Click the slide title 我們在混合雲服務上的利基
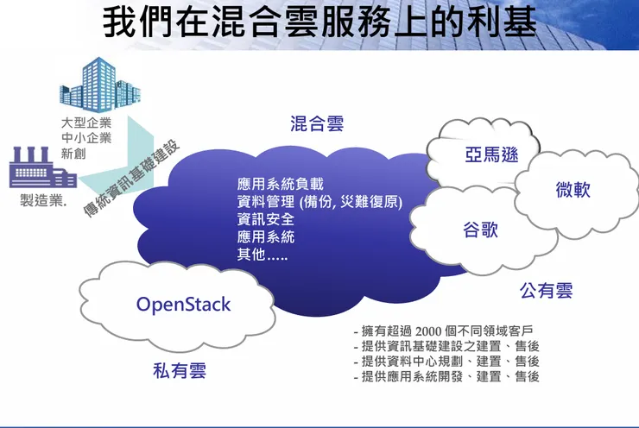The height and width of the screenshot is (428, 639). (x=319, y=22)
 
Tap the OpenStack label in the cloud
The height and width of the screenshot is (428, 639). (x=184, y=305)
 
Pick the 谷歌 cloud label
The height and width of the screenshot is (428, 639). (x=480, y=230)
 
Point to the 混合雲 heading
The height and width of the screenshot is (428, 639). (x=317, y=123)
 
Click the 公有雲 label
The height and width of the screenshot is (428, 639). (x=546, y=291)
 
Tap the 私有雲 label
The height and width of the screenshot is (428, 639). (x=180, y=371)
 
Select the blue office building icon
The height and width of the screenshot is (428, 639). (x=100, y=85)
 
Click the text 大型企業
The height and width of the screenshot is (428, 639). (x=86, y=123)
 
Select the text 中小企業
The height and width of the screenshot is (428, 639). (x=86, y=138)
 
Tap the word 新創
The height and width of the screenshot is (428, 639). (x=74, y=154)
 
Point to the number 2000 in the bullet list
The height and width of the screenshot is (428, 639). (x=429, y=330)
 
